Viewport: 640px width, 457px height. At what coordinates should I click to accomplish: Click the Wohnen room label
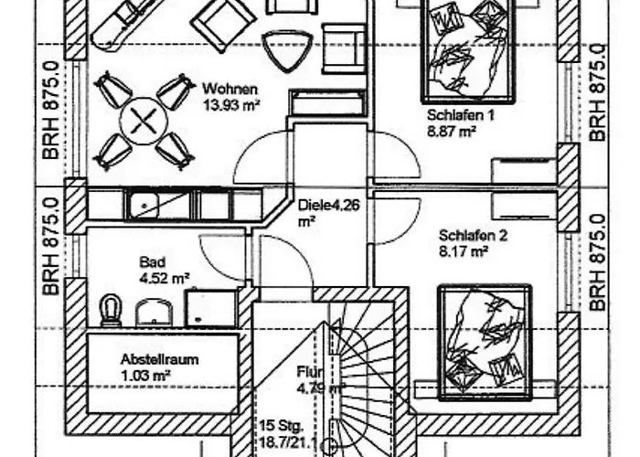tap(230, 89)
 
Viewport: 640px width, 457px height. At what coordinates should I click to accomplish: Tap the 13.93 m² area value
tap(232, 105)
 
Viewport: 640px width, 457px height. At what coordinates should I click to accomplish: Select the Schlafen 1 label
tap(461, 115)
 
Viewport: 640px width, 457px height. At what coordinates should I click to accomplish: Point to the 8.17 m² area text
tap(464, 251)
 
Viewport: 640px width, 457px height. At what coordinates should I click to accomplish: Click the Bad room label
tap(153, 262)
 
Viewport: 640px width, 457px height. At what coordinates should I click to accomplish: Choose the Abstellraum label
tap(160, 359)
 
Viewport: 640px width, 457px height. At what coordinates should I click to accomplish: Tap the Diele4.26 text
tap(329, 205)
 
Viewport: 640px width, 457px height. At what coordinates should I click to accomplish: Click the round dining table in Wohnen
tap(144, 121)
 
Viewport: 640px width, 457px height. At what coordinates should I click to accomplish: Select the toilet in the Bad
tap(111, 311)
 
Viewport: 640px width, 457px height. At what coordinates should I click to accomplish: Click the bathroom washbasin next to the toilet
tap(154, 313)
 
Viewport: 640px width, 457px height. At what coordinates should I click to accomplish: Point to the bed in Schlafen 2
tap(485, 342)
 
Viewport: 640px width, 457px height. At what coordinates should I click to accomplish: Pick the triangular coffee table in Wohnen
tap(287, 50)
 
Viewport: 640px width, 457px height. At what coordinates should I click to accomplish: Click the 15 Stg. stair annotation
tap(282, 426)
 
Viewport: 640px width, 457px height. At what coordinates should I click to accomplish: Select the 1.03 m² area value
tap(145, 376)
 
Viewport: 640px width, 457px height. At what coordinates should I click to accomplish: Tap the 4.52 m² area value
tap(164, 278)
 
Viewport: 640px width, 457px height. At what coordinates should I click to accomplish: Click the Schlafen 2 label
tap(473, 236)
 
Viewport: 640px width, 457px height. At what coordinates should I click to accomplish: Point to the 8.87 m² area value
tap(452, 132)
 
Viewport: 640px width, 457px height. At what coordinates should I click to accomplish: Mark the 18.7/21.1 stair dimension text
tap(289, 442)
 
